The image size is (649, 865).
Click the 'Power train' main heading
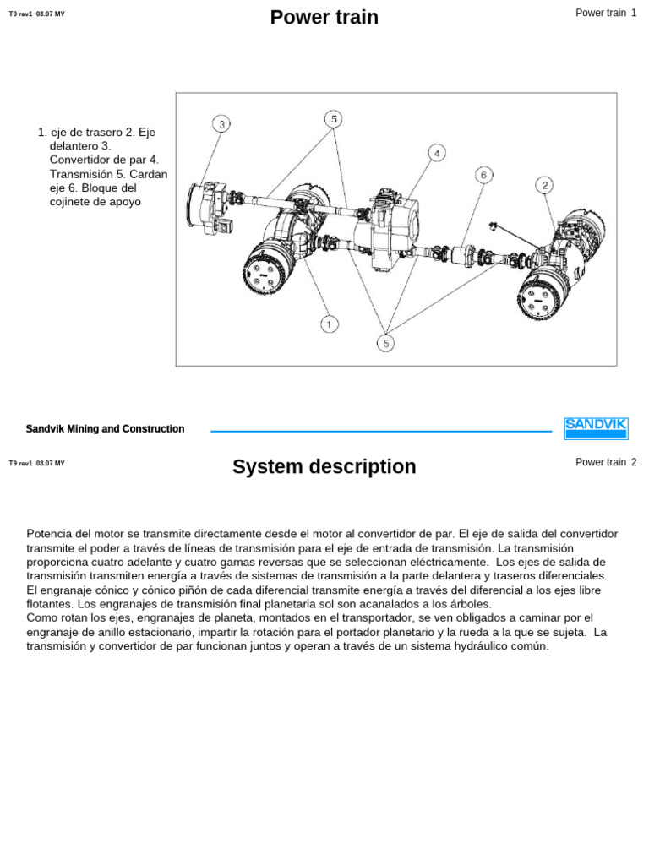click(x=324, y=17)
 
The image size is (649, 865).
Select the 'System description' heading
click(x=324, y=466)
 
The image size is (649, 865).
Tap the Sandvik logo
click(x=595, y=428)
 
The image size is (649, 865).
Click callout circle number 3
click(x=221, y=124)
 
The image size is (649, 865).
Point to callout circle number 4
click(x=436, y=153)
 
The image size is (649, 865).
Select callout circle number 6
click(x=483, y=175)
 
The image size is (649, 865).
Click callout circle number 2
click(x=545, y=185)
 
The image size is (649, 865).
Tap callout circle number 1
click(x=330, y=324)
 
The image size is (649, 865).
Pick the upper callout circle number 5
click(x=334, y=119)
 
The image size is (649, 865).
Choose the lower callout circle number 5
click(x=386, y=342)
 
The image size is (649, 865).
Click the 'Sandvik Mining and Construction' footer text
click(x=105, y=429)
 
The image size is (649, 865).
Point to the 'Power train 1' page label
click(x=605, y=13)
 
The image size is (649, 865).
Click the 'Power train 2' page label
click(x=605, y=462)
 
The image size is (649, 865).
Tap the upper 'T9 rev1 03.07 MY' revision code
click(x=36, y=14)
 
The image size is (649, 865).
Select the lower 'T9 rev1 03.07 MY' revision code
click(x=36, y=463)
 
